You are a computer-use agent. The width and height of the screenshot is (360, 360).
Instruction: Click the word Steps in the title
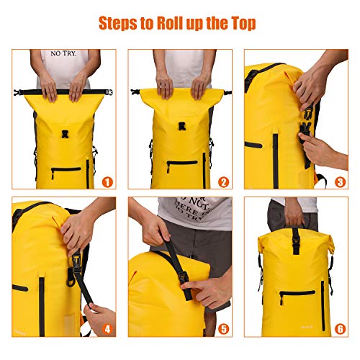(119, 24)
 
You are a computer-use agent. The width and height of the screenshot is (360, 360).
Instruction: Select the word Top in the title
(241, 24)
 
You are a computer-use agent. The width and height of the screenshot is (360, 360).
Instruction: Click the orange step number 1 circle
(107, 182)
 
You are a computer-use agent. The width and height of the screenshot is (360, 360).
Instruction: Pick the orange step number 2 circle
(223, 182)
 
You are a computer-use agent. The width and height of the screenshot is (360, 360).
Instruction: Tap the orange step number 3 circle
(339, 182)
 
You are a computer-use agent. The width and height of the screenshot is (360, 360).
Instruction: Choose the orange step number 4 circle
(107, 330)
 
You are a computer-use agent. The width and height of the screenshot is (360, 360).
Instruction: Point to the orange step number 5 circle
(223, 330)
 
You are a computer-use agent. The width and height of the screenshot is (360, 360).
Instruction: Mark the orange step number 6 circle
(339, 330)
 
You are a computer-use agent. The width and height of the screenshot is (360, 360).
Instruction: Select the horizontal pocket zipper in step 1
(66, 170)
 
